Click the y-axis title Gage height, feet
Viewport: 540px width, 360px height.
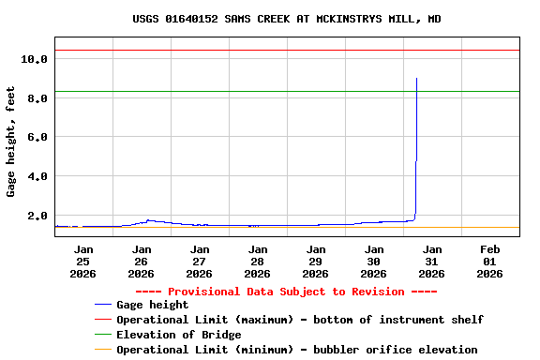pos(11,141)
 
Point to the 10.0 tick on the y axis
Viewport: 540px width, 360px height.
pos(34,59)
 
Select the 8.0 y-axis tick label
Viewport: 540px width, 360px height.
pos(34,98)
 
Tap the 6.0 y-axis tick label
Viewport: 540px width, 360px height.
pos(34,137)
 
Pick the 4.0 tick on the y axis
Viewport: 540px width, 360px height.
pos(34,176)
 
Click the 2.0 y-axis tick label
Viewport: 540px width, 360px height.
pos(34,216)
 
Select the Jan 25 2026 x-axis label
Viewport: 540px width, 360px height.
pos(82,262)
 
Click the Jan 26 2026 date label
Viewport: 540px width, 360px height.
pos(141,262)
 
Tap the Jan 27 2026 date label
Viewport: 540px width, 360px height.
pos(199,262)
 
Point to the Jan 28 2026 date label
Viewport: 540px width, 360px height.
pos(257,262)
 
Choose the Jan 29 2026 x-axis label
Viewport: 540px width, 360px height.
pos(315,262)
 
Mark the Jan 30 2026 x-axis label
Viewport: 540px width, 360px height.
pos(373,262)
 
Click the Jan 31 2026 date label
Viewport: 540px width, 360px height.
pos(431,262)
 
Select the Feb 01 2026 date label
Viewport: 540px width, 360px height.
pos(489,262)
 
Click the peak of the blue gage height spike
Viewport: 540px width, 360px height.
pos(416,79)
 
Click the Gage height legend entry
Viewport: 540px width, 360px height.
pos(152,305)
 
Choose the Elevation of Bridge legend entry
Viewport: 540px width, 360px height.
pos(178,335)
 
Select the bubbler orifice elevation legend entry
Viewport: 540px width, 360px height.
pos(296,350)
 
